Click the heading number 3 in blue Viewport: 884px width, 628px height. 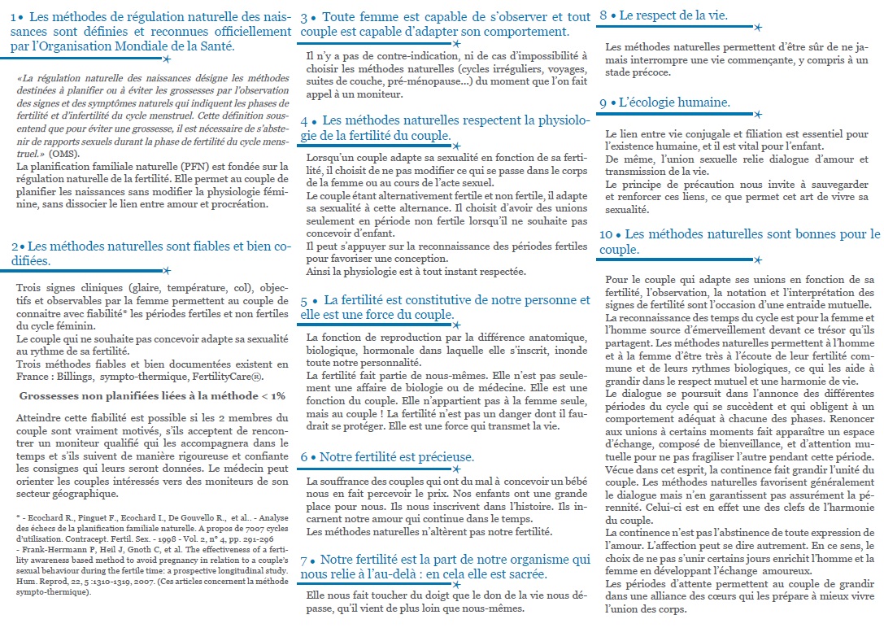pyautogui.click(x=303, y=17)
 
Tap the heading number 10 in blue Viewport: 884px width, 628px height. pyautogui.click(x=607, y=234)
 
